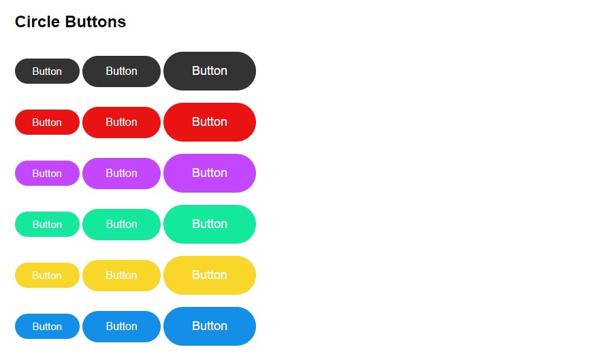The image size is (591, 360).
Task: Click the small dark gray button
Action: [x=47, y=71]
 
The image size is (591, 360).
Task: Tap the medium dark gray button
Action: [x=121, y=71]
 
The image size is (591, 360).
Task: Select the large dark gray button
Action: [x=210, y=71]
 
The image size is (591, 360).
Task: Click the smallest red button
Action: [x=47, y=122]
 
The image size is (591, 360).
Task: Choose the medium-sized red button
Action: [x=121, y=122]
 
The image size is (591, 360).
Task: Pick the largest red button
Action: [x=210, y=122]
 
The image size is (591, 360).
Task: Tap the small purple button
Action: [x=47, y=173]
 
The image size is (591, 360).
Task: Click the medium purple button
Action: [x=121, y=173]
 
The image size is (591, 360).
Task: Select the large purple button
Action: [x=210, y=173]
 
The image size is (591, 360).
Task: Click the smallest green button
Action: [x=47, y=224]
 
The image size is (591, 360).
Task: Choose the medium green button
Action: [x=121, y=224]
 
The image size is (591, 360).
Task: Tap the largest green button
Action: [x=210, y=224]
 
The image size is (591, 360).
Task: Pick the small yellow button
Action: [x=47, y=275]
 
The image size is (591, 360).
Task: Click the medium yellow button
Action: [x=121, y=275]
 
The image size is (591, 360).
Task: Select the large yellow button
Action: [x=210, y=275]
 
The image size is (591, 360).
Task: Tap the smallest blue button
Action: [x=47, y=326]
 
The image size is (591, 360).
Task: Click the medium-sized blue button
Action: [x=121, y=326]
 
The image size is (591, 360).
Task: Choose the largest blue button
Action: [x=210, y=326]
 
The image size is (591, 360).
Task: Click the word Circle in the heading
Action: [x=37, y=22]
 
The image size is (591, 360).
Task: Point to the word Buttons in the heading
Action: [x=95, y=22]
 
